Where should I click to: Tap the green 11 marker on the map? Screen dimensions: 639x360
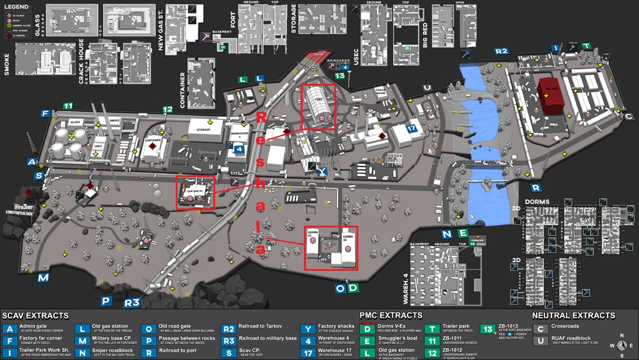[66, 106]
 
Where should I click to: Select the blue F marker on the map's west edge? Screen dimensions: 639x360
[45, 114]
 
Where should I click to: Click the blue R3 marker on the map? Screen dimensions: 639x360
[132, 302]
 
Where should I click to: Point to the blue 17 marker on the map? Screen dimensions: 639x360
[411, 129]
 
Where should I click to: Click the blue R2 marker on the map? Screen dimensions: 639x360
[502, 51]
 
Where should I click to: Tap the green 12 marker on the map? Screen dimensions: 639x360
[167, 110]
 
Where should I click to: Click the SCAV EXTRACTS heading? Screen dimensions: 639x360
[35, 315]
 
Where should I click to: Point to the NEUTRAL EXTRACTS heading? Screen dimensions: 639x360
[573, 315]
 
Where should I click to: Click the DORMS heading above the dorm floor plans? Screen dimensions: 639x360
[537, 202]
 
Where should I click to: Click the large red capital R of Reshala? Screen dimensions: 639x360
[261, 118]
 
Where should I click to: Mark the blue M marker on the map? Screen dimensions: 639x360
[43, 278]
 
